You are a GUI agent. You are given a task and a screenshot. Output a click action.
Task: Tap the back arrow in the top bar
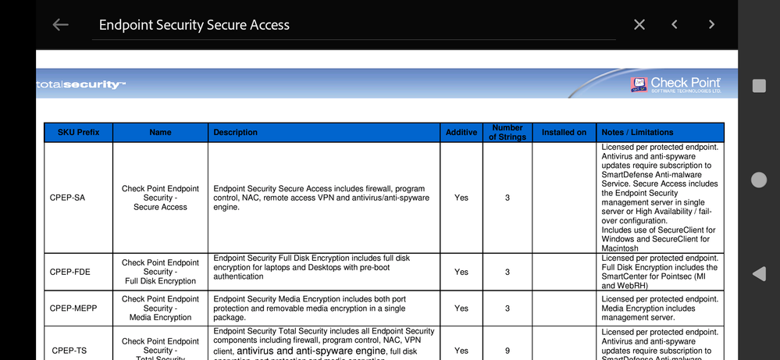pyautogui.click(x=60, y=25)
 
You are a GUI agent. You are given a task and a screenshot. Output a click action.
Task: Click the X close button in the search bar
pyautogui.click(x=639, y=25)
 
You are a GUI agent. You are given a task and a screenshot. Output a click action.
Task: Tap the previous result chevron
pyautogui.click(x=675, y=25)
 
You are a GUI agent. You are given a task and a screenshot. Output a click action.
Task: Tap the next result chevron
pyautogui.click(x=711, y=25)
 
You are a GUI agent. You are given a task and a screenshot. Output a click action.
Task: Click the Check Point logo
pyautogui.click(x=675, y=84)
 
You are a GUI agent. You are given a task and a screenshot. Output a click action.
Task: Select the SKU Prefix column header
pyautogui.click(x=79, y=133)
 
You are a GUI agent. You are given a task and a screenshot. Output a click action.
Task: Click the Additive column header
pyautogui.click(x=461, y=133)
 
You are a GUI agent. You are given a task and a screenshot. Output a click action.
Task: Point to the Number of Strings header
pyautogui.click(x=507, y=133)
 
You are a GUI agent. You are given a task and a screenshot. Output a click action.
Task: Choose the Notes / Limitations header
pyautogui.click(x=637, y=133)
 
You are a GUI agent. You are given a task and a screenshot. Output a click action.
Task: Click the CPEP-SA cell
pyautogui.click(x=67, y=198)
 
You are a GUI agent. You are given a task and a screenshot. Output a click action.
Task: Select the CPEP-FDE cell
pyautogui.click(x=69, y=272)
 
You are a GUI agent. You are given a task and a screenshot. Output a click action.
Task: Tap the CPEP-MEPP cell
pyautogui.click(x=73, y=308)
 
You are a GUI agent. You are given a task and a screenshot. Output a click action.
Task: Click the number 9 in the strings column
pyautogui.click(x=507, y=351)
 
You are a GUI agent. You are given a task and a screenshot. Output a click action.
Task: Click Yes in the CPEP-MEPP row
pyautogui.click(x=461, y=308)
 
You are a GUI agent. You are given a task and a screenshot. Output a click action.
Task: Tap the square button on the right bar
pyautogui.click(x=758, y=86)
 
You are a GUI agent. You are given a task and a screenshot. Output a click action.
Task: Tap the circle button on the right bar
pyautogui.click(x=758, y=180)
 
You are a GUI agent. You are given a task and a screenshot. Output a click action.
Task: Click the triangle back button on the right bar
pyautogui.click(x=758, y=274)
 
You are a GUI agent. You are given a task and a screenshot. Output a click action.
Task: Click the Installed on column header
pyautogui.click(x=564, y=133)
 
